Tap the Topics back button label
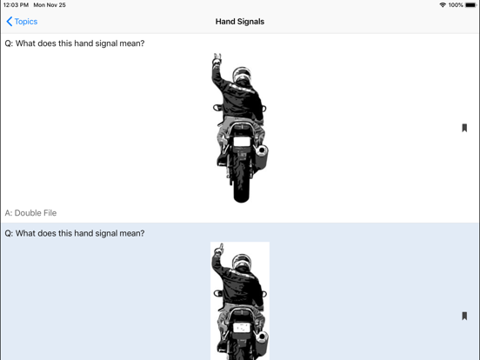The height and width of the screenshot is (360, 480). [26, 22]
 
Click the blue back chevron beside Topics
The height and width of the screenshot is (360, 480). [10, 22]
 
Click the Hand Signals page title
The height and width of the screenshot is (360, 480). [239, 22]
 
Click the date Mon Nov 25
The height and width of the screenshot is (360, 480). [50, 5]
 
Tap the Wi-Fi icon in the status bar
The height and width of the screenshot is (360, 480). [443, 5]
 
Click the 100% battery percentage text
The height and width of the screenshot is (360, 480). [456, 5]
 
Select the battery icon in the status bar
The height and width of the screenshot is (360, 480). [470, 5]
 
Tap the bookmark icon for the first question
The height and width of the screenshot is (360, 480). [464, 128]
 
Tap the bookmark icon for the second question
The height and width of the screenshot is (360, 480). [464, 317]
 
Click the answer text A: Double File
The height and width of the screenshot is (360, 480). [31, 213]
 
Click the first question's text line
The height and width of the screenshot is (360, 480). [75, 43]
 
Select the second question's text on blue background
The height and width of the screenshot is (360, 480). [75, 233]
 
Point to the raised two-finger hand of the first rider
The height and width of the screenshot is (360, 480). [217, 60]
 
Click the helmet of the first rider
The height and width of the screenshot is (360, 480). [242, 77]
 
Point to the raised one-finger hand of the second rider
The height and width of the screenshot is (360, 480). [220, 251]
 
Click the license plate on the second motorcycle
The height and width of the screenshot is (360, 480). [241, 329]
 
